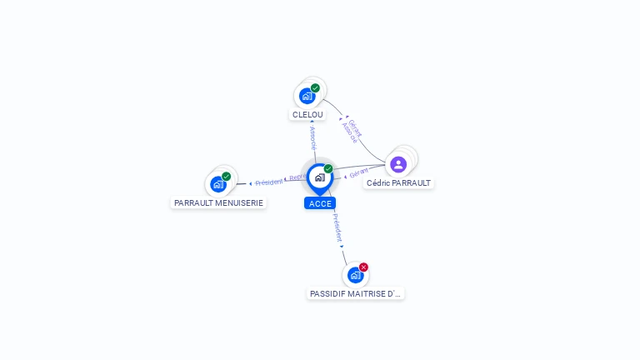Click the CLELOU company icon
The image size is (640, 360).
(307, 96)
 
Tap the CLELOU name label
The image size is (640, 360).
(307, 114)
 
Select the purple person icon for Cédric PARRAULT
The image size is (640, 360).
(398, 164)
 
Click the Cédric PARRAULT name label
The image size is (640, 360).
(398, 182)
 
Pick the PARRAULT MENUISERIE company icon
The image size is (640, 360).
(218, 184)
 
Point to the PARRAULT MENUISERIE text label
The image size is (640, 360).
(218, 202)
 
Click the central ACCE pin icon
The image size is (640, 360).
(319, 177)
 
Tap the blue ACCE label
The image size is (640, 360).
(320, 203)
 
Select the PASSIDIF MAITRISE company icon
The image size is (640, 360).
(355, 275)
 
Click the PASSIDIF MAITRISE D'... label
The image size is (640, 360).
(355, 293)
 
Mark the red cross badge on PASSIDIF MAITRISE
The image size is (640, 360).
(363, 267)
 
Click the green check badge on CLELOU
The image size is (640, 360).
(315, 88)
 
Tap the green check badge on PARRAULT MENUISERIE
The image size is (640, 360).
(226, 177)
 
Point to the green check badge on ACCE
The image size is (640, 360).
(328, 169)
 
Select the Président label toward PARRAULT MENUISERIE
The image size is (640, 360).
(269, 182)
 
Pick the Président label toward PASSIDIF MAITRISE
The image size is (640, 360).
(337, 226)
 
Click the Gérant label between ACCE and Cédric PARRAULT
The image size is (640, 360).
(359, 172)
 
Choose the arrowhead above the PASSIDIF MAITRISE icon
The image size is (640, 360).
(342, 247)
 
